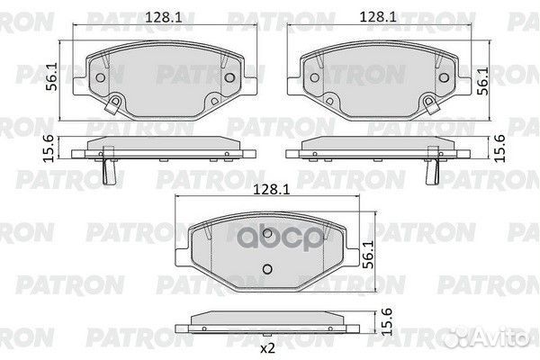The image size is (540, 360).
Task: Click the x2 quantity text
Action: pyautogui.click(x=266, y=346)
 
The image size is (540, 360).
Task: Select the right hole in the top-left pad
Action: pyautogui.click(x=230, y=77)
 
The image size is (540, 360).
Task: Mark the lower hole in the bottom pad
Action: pyautogui.click(x=266, y=268)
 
